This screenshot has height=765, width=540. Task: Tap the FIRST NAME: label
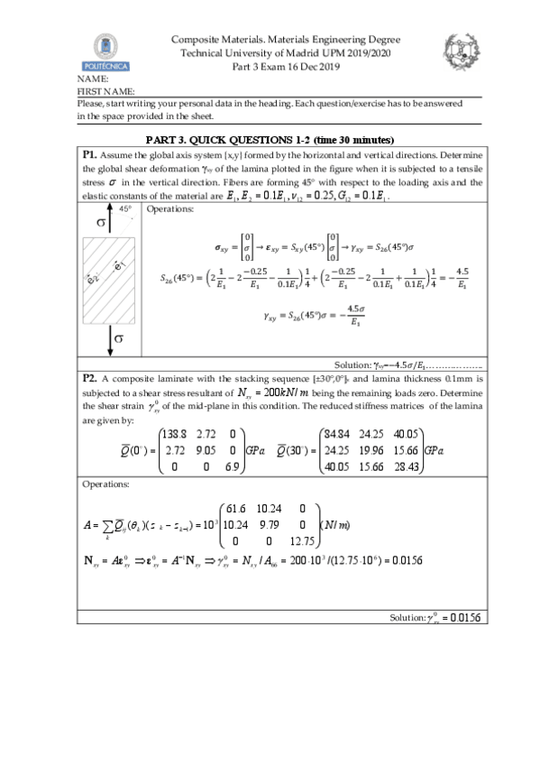(x=106, y=91)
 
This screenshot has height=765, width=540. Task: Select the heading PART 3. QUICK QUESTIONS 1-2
(x=270, y=140)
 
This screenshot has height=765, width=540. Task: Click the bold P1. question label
(x=90, y=152)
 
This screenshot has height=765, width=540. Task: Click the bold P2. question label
(x=90, y=380)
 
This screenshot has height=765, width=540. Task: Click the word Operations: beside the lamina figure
(x=169, y=209)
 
